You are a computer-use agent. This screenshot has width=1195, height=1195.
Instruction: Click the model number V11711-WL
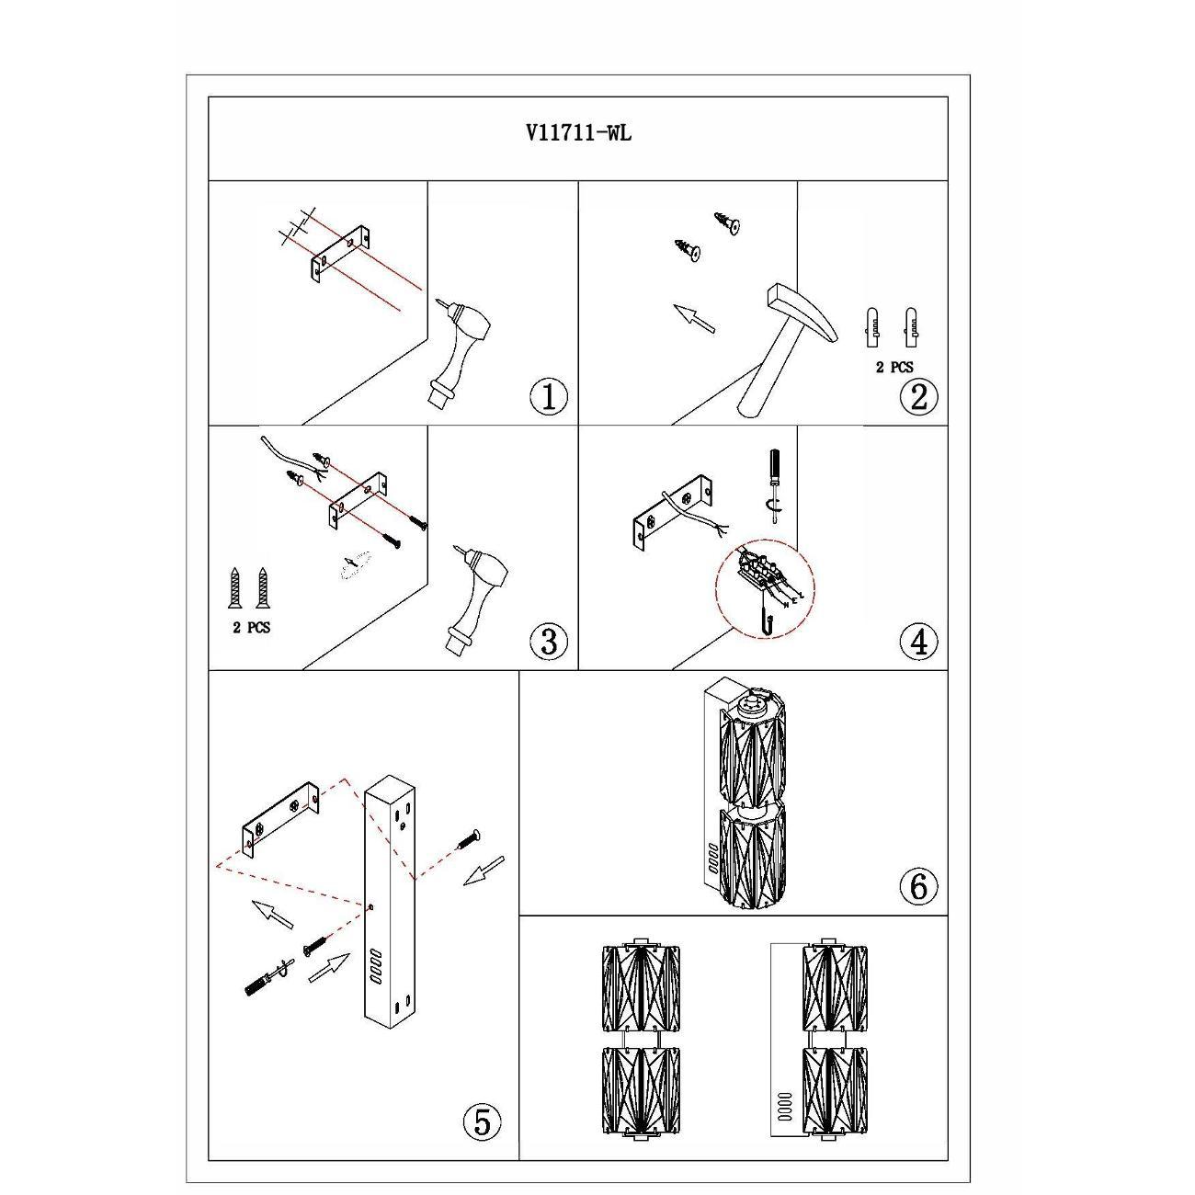coord(578,133)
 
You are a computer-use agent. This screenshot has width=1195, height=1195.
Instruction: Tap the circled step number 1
coord(549,397)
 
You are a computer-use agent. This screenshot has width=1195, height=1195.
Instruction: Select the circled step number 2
coord(918,397)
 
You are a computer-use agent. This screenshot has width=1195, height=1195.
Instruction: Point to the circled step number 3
coord(549,642)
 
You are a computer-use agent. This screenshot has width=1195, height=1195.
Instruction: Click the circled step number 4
coord(918,642)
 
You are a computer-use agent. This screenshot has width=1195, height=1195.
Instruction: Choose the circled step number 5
coord(482,1121)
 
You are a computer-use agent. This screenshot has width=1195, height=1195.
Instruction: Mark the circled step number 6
coord(918,887)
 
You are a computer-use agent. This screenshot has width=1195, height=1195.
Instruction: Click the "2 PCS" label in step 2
coord(894,368)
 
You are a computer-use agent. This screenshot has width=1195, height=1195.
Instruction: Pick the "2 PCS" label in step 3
coord(252,628)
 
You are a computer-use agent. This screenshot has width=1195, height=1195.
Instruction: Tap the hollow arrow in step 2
coord(694,318)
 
